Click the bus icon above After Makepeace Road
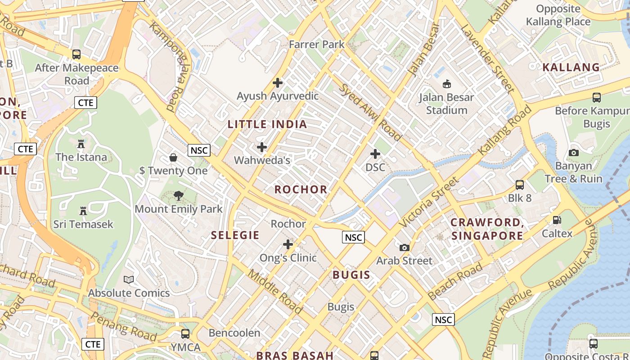[76, 54]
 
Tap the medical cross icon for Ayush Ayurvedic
[278, 83]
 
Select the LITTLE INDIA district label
[267, 124]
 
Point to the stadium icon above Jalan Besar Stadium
[447, 84]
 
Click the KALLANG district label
[571, 67]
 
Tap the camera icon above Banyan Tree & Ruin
[573, 153]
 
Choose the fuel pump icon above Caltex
[557, 220]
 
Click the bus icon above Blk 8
[520, 185]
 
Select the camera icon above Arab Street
[404, 247]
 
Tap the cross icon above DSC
[375, 154]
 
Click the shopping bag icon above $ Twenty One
[173, 157]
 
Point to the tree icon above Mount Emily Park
[179, 196]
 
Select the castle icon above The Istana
[81, 144]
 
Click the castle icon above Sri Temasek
[83, 211]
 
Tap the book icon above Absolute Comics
[129, 280]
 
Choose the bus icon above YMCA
[185, 334]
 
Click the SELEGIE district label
[235, 235]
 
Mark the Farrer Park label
[316, 44]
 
